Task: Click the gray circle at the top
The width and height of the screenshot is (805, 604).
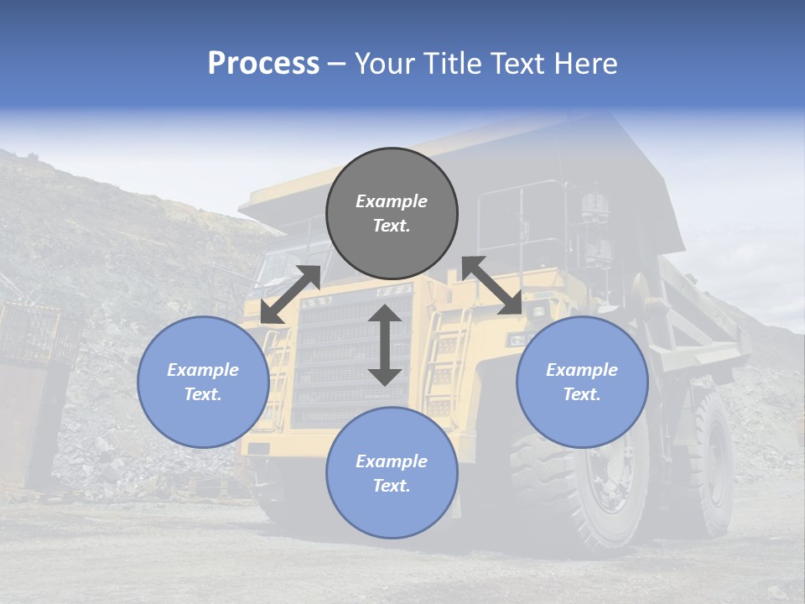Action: [392, 214]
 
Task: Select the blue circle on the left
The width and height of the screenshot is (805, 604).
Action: [203, 382]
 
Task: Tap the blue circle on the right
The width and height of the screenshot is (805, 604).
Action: [582, 382]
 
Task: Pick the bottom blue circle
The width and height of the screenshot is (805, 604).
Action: [392, 473]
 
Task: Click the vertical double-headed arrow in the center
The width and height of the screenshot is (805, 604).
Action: [385, 345]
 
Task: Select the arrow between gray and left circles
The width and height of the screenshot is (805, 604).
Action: [290, 294]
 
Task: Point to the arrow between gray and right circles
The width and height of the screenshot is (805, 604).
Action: [492, 285]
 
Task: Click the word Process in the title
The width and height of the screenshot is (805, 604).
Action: [263, 63]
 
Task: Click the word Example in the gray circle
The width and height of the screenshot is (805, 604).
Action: [392, 201]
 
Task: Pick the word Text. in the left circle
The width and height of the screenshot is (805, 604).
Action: [203, 394]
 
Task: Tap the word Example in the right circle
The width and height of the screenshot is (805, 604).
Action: [582, 370]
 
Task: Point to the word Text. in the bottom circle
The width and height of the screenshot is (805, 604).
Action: [392, 486]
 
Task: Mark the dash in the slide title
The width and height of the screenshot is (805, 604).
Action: [337, 64]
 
